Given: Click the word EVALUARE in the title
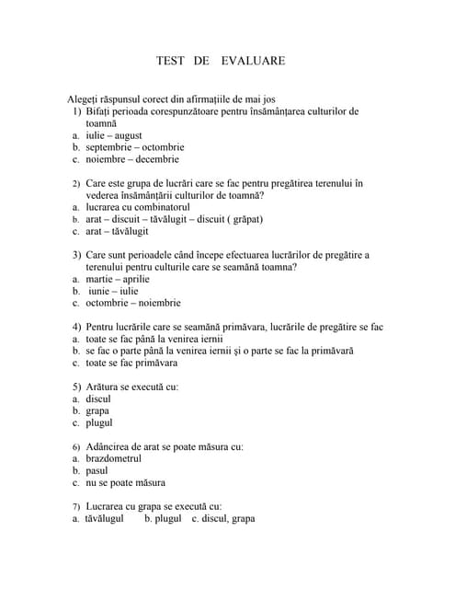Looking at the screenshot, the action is point(253,61).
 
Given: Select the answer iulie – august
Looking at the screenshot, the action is point(114,135).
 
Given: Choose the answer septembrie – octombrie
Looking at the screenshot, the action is point(134,147).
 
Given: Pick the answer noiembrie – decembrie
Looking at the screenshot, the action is point(133,159).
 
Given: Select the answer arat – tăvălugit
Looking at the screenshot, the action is point(117,231).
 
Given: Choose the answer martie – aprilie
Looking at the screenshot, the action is point(117,279).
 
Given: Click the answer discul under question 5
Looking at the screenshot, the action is point(97,399).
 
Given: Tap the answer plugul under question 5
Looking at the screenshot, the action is point(98,423).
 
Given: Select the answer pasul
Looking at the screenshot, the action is point(97,470).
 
